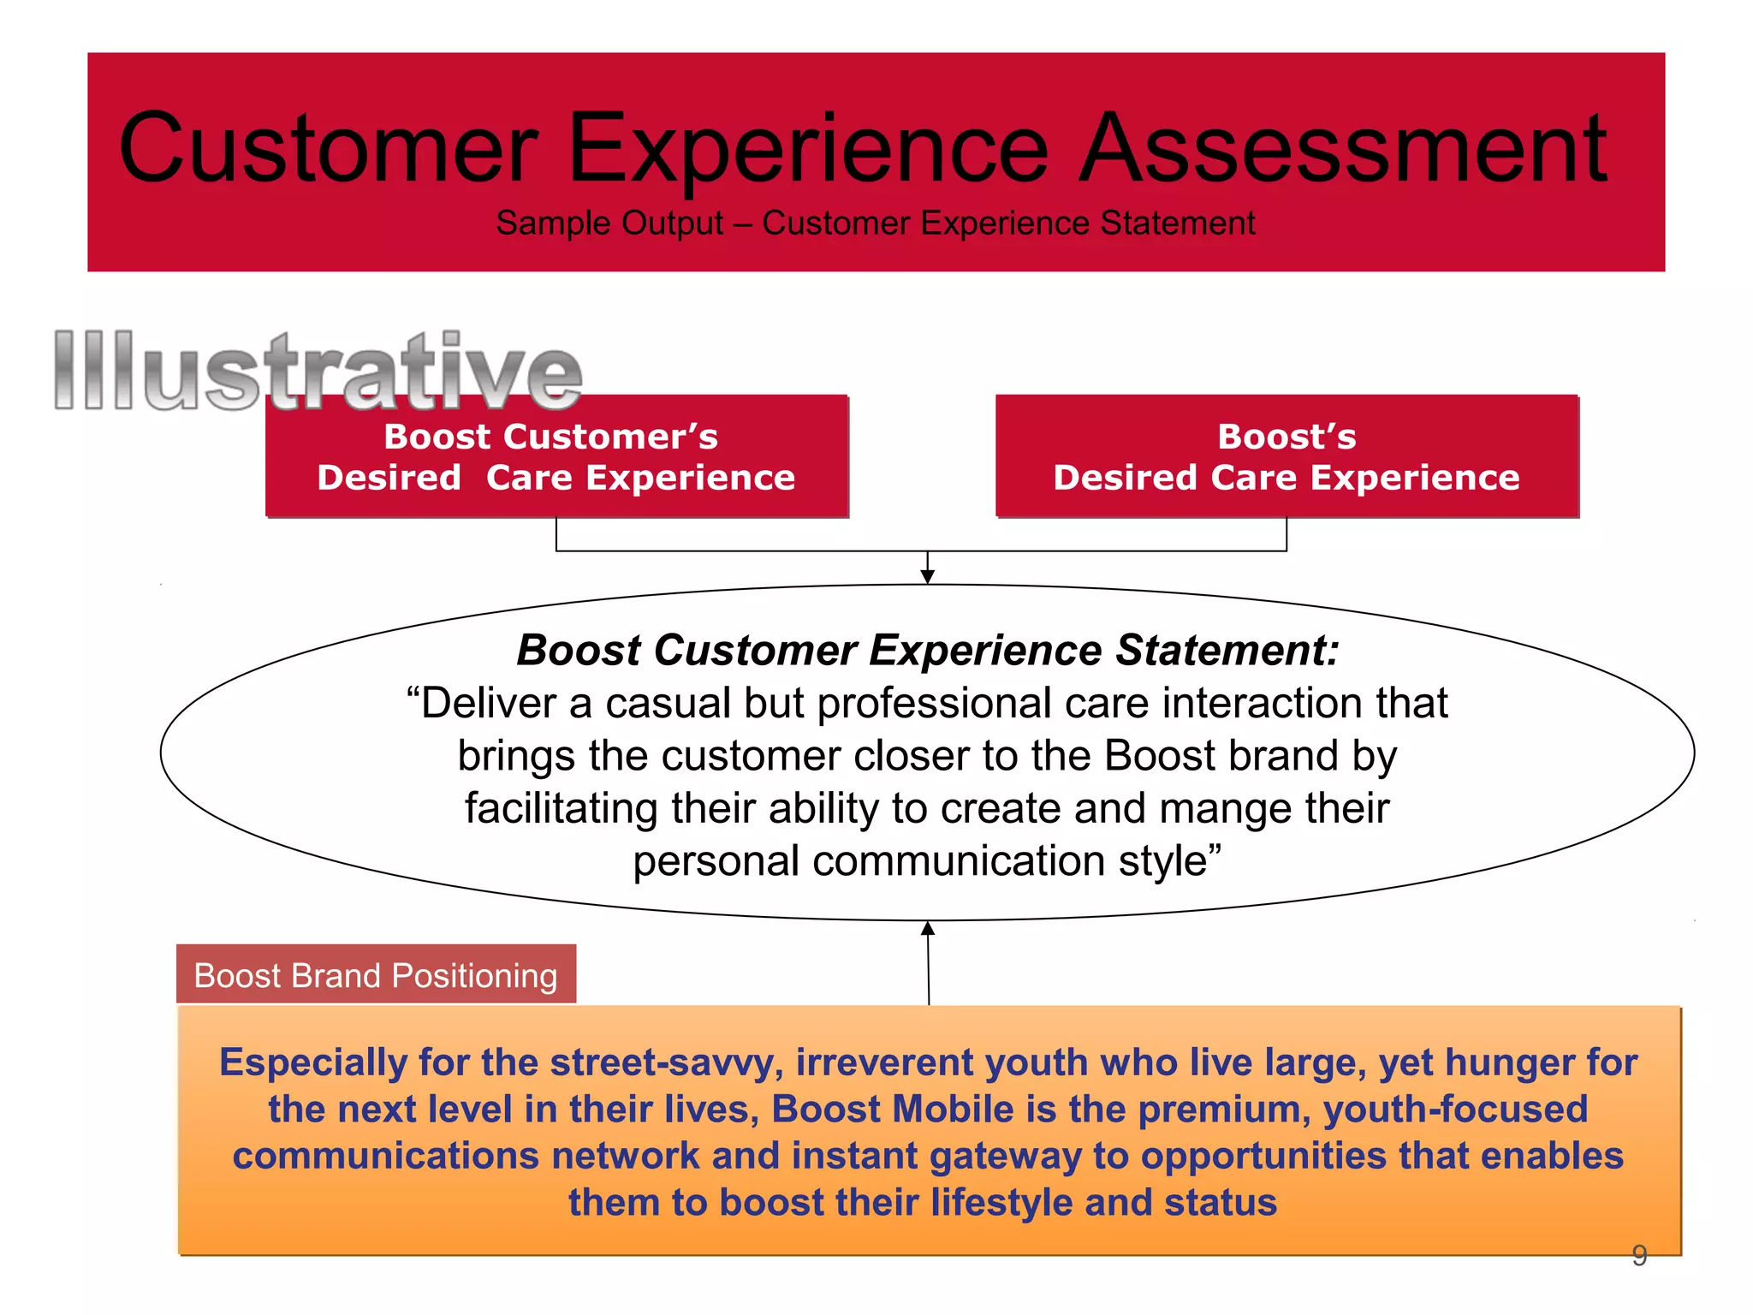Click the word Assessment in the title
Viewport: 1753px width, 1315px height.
click(1342, 150)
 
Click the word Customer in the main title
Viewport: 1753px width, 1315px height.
click(328, 150)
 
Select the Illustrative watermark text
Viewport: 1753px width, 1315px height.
click(317, 371)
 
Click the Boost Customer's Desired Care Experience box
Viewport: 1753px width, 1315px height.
click(556, 456)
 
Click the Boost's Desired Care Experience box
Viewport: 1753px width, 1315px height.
click(1287, 456)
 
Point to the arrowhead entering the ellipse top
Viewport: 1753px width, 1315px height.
click(927, 578)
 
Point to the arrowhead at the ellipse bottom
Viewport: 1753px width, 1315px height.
click(927, 929)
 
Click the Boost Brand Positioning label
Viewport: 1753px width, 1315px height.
click(376, 975)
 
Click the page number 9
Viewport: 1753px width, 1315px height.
click(1638, 1255)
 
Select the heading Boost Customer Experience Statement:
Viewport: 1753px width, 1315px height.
click(927, 650)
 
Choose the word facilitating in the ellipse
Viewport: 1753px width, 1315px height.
click(560, 808)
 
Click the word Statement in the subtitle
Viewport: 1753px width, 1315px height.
click(1177, 223)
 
